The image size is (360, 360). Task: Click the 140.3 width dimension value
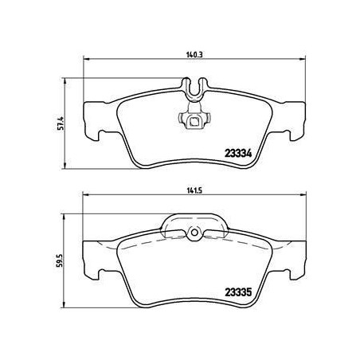[194, 55]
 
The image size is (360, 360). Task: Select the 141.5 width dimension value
[194, 191]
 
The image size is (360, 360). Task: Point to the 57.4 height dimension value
[61, 123]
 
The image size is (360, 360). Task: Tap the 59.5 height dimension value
[60, 260]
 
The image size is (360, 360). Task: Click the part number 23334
[238, 153]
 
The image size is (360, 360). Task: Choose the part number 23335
[238, 292]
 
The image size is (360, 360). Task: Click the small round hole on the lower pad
[194, 233]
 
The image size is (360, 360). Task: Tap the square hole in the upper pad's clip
[194, 122]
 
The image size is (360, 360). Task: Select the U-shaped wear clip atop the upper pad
[194, 88]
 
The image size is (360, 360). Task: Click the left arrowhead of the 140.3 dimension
[87, 59]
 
